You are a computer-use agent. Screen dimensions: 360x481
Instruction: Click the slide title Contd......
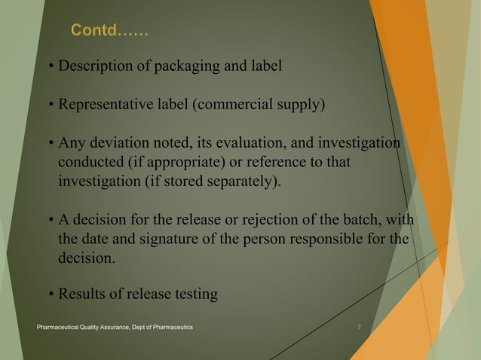pos(109,31)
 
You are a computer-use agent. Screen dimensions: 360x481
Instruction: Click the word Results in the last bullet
pos(82,294)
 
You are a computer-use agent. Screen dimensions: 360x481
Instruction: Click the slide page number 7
pos(359,328)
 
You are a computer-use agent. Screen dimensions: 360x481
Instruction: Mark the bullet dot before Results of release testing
pos(51,294)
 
